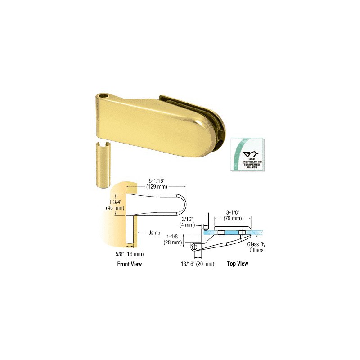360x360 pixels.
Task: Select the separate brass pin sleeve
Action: tap(103, 165)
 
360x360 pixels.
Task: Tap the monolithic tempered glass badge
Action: tap(247, 155)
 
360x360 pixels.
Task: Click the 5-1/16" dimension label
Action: tap(157, 181)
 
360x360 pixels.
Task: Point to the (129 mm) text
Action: tap(157, 187)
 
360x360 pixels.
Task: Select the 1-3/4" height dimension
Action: tap(115, 202)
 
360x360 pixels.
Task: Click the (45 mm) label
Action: tap(115, 208)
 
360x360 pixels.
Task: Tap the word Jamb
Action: tap(154, 233)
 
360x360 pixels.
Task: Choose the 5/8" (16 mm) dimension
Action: tap(130, 254)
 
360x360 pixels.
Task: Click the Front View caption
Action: tap(130, 264)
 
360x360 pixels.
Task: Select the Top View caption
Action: tap(238, 264)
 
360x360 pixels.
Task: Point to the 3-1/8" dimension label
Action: tap(233, 212)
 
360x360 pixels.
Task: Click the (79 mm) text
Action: tap(233, 218)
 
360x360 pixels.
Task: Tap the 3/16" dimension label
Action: tap(187, 219)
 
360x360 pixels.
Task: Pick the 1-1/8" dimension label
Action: tap(173, 237)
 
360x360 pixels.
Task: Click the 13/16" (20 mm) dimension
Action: tap(198, 264)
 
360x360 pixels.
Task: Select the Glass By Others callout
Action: tap(256, 247)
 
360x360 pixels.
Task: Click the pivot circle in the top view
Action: tap(194, 247)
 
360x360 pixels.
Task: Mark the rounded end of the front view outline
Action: tap(183, 205)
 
